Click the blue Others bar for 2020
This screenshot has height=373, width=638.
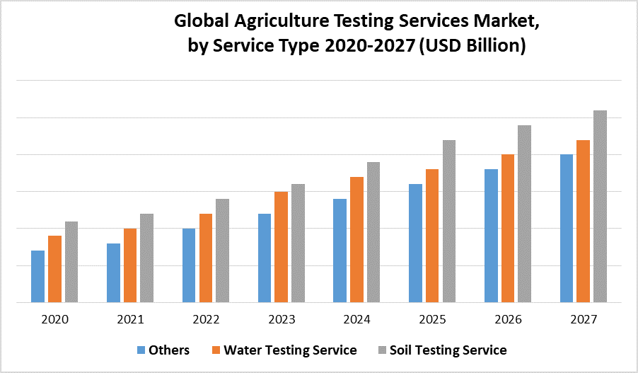(x=37, y=276)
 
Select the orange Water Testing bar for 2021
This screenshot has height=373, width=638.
(x=130, y=265)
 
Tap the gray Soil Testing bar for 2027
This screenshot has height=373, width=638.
(x=600, y=206)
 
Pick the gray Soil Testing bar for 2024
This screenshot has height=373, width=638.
(x=373, y=232)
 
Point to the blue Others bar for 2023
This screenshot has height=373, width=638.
(x=265, y=258)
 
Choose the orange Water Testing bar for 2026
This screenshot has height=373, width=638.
(x=508, y=228)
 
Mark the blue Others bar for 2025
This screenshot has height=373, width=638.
(x=416, y=243)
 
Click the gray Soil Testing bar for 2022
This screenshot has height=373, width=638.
(x=222, y=251)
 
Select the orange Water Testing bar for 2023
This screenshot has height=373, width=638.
(x=282, y=247)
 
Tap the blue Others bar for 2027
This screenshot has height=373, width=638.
(x=567, y=228)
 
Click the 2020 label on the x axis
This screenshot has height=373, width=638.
(x=54, y=319)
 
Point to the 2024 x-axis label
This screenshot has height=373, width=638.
(x=356, y=319)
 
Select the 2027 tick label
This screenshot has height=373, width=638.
(x=583, y=319)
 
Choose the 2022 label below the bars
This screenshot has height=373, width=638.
(x=206, y=319)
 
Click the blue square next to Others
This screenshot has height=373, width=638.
(x=141, y=350)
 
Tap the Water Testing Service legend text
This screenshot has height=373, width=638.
(x=291, y=350)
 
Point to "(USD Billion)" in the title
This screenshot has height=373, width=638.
(x=475, y=46)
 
